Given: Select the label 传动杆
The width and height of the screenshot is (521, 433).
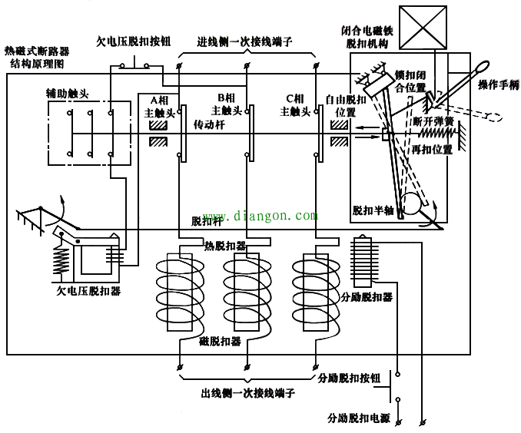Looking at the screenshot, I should pos(207,124).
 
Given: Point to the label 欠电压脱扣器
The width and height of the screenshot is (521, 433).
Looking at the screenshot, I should pos(88,291).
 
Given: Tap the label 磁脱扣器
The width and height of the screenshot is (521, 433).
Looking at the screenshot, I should pos(220,340).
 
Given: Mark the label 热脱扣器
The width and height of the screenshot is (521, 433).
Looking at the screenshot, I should pos(225,246).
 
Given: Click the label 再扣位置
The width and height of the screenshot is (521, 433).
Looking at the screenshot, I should pos(432,148).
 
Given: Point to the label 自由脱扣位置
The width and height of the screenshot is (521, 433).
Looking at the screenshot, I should pos(347,105).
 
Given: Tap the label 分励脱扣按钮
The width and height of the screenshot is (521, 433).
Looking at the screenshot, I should pos(350,378).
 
